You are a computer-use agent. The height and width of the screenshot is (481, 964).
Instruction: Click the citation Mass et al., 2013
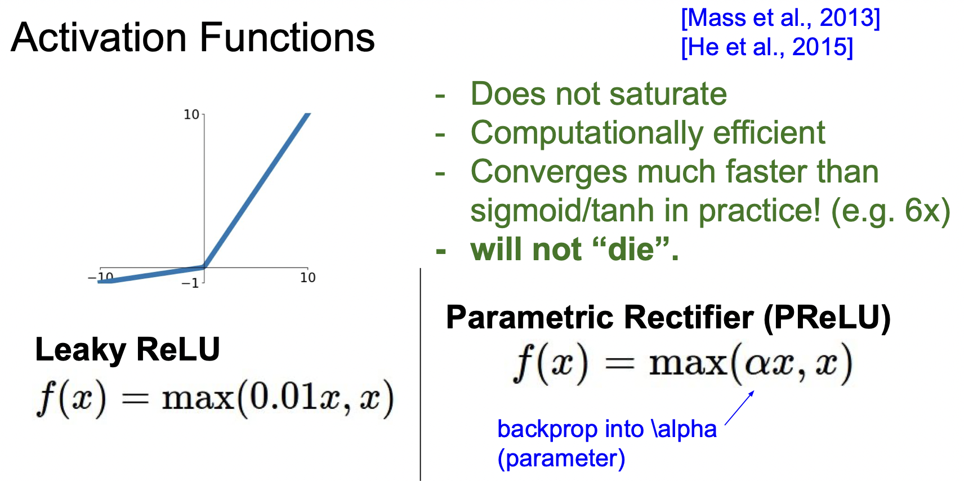tap(780, 18)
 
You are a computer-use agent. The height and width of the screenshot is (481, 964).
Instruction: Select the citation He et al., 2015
tap(766, 47)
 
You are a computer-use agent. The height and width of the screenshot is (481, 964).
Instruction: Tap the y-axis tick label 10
tap(191, 115)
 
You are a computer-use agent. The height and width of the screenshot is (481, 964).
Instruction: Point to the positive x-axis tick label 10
tap(307, 278)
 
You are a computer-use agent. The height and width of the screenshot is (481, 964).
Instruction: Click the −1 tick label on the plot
tap(190, 283)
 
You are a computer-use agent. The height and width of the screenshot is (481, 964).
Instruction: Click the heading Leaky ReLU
tap(127, 350)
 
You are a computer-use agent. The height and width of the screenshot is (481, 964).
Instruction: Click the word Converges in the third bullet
tap(548, 172)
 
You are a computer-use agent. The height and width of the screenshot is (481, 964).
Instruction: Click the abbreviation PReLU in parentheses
tap(827, 318)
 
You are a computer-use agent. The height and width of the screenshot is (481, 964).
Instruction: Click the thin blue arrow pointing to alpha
tap(739, 408)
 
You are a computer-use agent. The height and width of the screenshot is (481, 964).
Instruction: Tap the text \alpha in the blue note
tap(684, 430)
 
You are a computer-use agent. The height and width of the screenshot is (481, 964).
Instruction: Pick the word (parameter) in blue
tap(561, 458)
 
